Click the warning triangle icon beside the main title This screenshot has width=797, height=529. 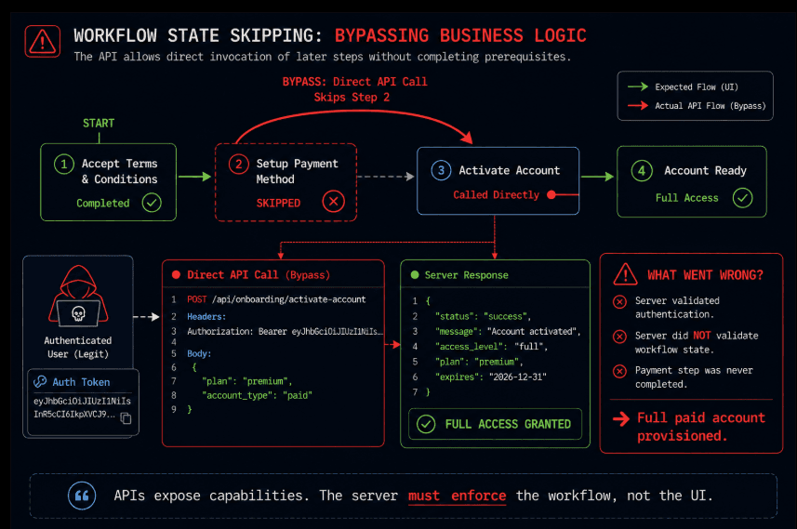(42, 41)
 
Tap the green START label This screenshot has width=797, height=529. (99, 123)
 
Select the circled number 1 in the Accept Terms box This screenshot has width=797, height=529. (64, 165)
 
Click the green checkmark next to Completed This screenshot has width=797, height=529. (152, 203)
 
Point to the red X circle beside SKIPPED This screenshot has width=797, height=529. (334, 201)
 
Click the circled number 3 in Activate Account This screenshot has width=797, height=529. (441, 171)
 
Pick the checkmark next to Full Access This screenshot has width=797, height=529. (743, 198)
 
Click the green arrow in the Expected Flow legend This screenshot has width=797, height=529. (638, 86)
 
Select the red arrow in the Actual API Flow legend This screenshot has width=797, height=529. (638, 106)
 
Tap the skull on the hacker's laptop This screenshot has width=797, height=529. (78, 313)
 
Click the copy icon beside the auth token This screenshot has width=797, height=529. (126, 417)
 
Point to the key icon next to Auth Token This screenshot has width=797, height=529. (40, 381)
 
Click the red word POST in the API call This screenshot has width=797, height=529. (197, 299)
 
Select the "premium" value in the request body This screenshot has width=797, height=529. (266, 381)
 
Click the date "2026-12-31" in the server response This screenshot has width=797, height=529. (517, 377)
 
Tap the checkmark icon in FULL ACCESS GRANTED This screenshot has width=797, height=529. (426, 424)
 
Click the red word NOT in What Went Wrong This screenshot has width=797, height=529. (702, 336)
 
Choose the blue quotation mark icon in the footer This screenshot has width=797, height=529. (82, 496)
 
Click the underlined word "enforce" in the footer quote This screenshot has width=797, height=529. (478, 496)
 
